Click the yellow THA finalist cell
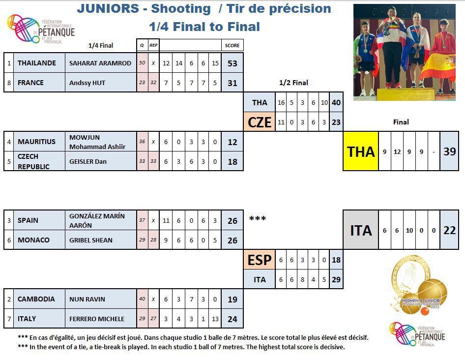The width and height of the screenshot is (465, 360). pyautogui.click(x=361, y=151)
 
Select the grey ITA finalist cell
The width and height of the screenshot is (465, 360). pyautogui.click(x=361, y=230)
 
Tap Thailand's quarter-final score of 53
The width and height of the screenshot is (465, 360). pyautogui.click(x=232, y=63)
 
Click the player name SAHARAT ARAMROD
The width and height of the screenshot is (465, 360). pyautogui.click(x=100, y=63)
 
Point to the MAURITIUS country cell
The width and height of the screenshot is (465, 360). pyautogui.click(x=37, y=142)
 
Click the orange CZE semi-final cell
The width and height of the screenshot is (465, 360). pyautogui.click(x=260, y=122)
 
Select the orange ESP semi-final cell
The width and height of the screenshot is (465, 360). pyautogui.click(x=260, y=260)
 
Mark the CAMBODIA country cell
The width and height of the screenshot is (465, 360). pyautogui.click(x=37, y=299)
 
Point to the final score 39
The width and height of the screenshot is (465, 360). pyautogui.click(x=449, y=151)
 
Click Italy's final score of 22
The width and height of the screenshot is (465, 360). pyautogui.click(x=449, y=230)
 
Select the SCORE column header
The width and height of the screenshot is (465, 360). pyautogui.click(x=232, y=45)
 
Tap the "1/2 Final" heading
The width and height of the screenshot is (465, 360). pyautogui.click(x=293, y=83)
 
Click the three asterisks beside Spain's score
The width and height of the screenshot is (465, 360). pyautogui.click(x=258, y=218)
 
